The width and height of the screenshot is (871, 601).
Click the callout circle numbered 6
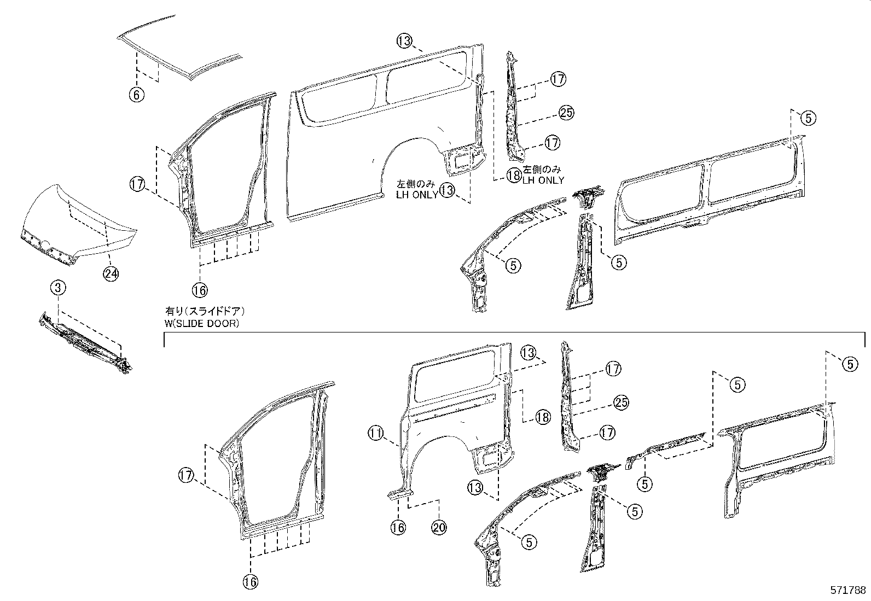tap(136, 95)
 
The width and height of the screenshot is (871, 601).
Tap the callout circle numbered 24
tap(111, 274)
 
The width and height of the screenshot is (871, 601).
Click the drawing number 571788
tap(848, 591)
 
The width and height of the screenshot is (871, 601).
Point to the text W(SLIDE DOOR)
tap(202, 323)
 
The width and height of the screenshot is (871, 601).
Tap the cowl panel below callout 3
tap(85, 342)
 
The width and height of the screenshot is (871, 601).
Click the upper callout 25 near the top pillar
tap(566, 113)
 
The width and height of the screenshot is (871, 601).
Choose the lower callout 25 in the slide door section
tap(621, 403)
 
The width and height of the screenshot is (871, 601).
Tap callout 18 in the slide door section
tap(542, 418)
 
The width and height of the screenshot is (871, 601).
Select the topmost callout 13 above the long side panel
tap(404, 40)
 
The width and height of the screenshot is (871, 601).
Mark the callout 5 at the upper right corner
tap(809, 117)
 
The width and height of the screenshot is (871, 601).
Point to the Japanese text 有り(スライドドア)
tap(205, 311)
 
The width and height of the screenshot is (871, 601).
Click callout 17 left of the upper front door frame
tap(137, 184)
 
